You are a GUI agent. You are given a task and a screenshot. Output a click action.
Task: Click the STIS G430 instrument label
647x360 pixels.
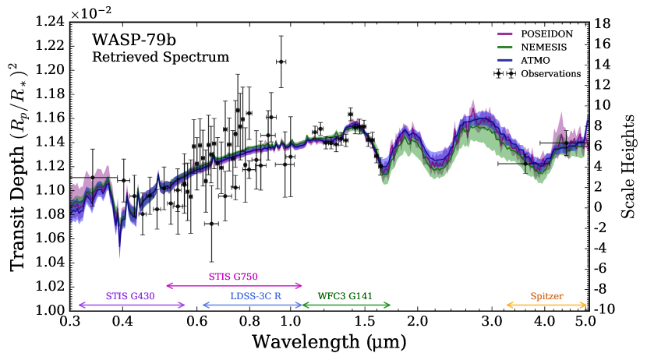click(x=130, y=297)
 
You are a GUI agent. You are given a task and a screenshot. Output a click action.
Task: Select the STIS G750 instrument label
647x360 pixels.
click(x=233, y=276)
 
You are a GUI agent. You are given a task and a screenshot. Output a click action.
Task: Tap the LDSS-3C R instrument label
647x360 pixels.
click(x=252, y=297)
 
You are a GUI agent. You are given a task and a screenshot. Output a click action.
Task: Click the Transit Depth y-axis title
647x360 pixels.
click(x=17, y=165)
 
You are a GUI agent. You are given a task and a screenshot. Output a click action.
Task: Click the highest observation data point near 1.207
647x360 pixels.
click(x=280, y=61)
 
